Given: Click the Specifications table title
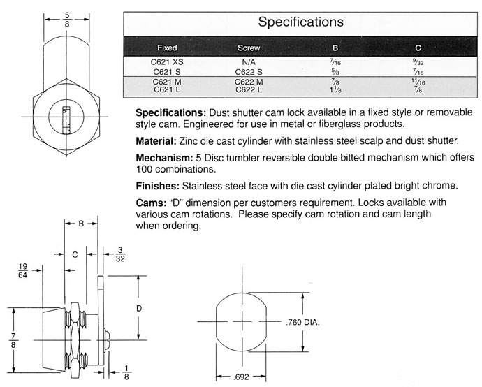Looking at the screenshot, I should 300,22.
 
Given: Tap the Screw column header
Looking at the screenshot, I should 249,48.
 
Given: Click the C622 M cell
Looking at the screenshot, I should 249,82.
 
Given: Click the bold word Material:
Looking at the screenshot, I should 160,140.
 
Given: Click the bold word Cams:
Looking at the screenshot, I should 150,203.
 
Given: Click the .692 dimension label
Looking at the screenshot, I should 242,377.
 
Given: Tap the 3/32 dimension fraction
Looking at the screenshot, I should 121,252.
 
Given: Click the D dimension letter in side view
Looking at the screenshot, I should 139,308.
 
